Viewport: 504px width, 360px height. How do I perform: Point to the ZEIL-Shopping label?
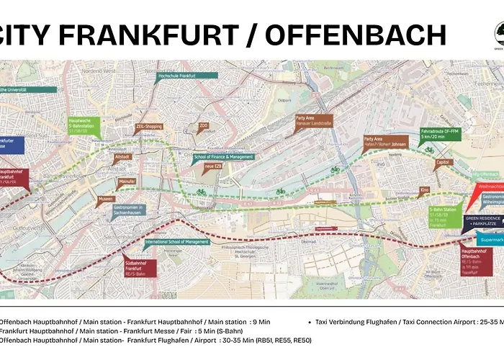click(150, 127)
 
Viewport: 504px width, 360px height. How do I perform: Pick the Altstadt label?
click(122, 156)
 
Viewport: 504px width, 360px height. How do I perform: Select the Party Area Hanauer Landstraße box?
click(314, 122)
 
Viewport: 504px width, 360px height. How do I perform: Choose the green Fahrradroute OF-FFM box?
click(438, 135)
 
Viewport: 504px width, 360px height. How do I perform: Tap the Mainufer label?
click(127, 181)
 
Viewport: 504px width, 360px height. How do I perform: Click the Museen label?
click(106, 198)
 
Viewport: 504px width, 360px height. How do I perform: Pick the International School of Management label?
click(177, 243)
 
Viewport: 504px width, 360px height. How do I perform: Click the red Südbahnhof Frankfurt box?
click(136, 266)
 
